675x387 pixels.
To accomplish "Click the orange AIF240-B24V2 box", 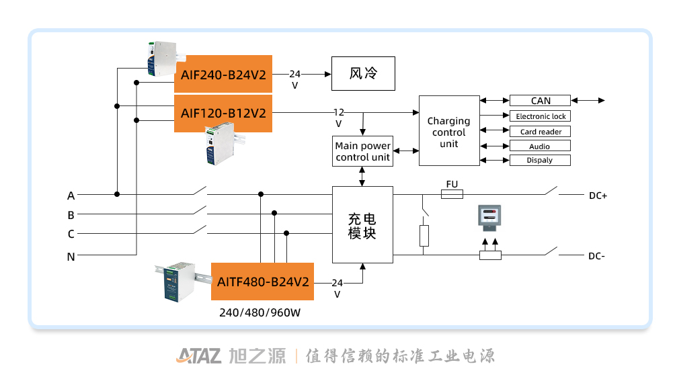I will pyautogui.click(x=223, y=74).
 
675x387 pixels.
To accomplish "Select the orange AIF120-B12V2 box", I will pyautogui.click(x=223, y=113).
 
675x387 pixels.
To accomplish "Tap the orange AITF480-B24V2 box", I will pyautogui.click(x=263, y=282).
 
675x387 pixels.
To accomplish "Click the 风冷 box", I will pyautogui.click(x=363, y=74).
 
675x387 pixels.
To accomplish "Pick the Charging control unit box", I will pyautogui.click(x=448, y=131).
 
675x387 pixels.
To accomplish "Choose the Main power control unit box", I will pyautogui.click(x=363, y=151).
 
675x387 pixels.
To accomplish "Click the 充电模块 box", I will pyautogui.click(x=362, y=224).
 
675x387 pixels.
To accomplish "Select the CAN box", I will pyautogui.click(x=540, y=101).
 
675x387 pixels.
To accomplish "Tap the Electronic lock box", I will pyautogui.click(x=540, y=116).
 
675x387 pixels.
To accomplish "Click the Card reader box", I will pyautogui.click(x=540, y=132).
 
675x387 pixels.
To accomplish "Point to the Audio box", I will pyautogui.click(x=540, y=146).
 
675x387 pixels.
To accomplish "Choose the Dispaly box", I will pyautogui.click(x=540, y=160).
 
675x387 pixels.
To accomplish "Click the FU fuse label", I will pyautogui.click(x=452, y=183).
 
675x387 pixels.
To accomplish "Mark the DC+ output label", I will pyautogui.click(x=598, y=196).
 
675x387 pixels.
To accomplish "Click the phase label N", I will pyautogui.click(x=71, y=257).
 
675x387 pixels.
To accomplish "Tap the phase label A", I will pyautogui.click(x=71, y=196).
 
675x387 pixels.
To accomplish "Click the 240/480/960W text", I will pyautogui.click(x=260, y=313).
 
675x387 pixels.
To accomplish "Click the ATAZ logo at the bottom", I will pyautogui.click(x=198, y=355).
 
